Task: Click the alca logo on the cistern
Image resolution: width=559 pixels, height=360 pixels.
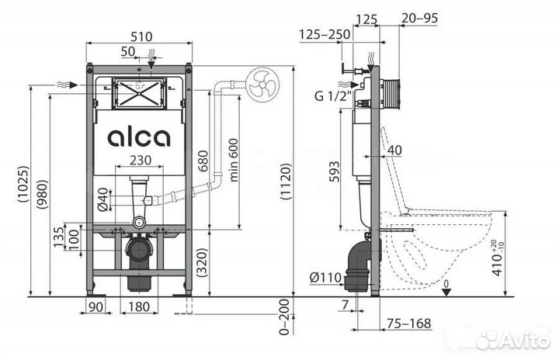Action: pyautogui.click(x=139, y=137)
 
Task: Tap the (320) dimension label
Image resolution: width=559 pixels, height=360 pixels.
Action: pyautogui.click(x=203, y=265)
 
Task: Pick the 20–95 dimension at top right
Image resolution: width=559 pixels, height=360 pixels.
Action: pyautogui.click(x=418, y=17)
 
